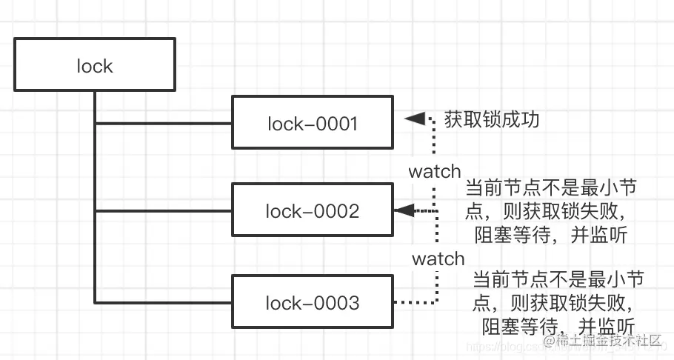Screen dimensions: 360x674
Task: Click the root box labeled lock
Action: (x=95, y=66)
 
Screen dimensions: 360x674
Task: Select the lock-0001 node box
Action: (x=313, y=123)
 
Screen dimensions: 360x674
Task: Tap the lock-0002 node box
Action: (x=313, y=211)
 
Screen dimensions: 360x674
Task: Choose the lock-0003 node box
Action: (x=313, y=302)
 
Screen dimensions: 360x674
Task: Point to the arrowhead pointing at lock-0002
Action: (x=404, y=211)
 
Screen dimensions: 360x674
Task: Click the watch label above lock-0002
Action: (x=435, y=172)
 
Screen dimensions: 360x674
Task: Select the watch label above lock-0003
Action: (x=438, y=259)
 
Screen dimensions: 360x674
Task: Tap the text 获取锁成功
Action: (x=491, y=119)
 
